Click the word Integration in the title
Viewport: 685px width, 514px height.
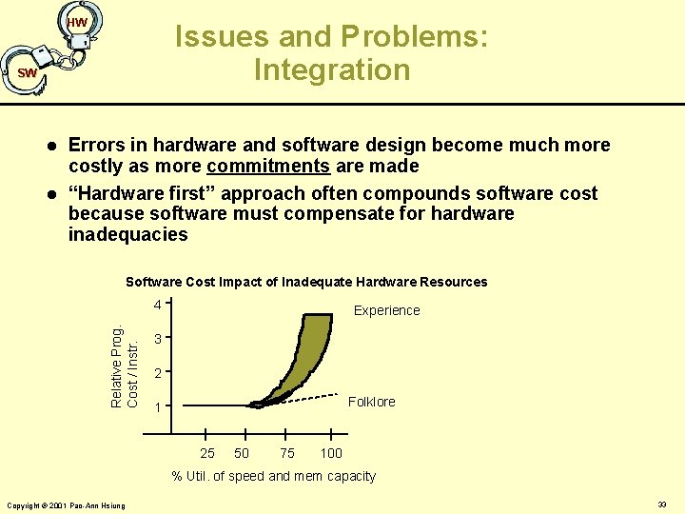[x=332, y=69]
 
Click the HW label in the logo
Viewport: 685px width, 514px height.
[x=78, y=22]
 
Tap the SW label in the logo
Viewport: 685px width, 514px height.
[x=28, y=73]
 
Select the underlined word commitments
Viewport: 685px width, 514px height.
[x=283, y=167]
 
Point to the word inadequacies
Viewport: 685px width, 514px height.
[x=128, y=234]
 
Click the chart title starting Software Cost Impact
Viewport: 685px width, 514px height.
[x=306, y=282]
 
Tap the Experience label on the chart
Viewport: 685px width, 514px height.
[x=386, y=310]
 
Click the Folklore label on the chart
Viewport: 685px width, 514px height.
[x=372, y=402]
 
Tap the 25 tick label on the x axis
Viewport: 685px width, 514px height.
[x=207, y=453]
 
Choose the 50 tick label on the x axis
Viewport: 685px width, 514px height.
[x=242, y=453]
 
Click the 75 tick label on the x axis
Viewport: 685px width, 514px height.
[x=287, y=453]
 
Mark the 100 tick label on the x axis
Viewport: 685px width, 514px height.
[x=331, y=453]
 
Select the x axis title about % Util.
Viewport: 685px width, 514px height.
[x=273, y=476]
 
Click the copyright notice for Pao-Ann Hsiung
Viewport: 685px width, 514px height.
[x=66, y=504]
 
